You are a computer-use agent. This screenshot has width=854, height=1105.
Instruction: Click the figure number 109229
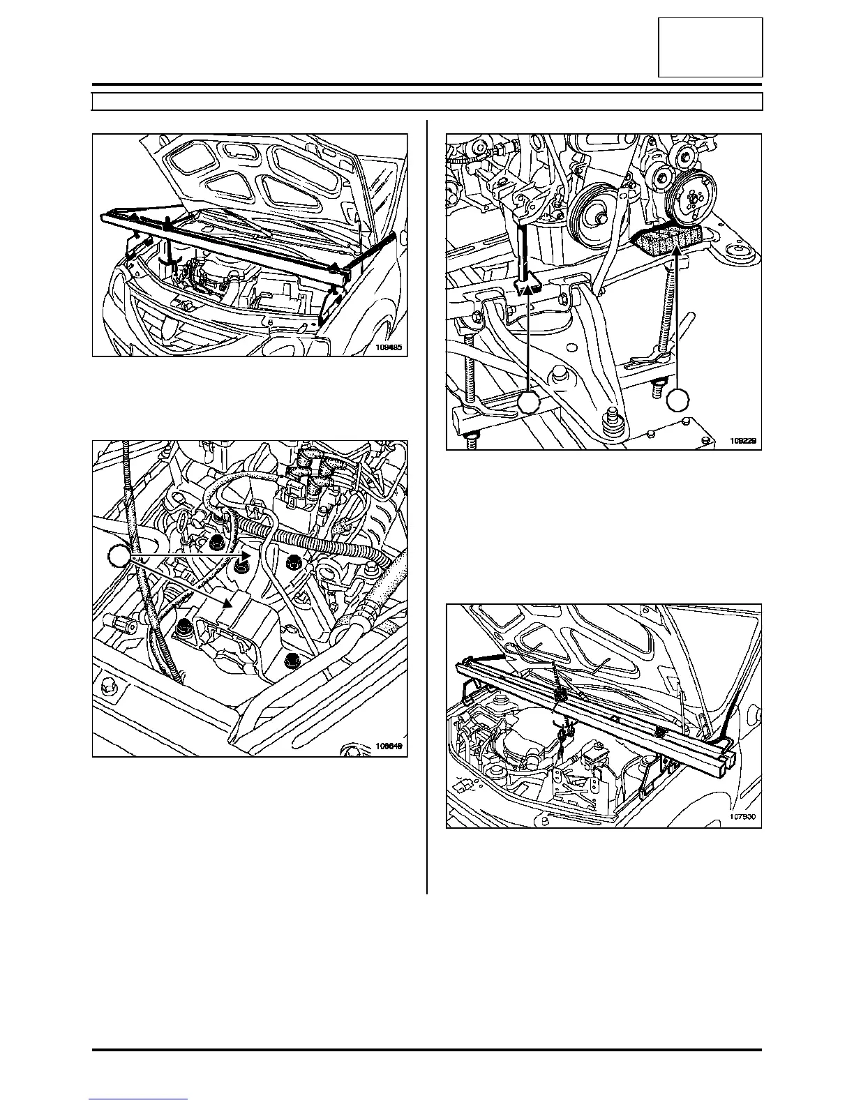click(744, 441)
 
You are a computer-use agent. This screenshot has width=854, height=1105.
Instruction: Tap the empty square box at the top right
click(710, 47)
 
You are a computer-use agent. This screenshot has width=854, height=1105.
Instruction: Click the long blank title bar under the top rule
click(427, 102)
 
